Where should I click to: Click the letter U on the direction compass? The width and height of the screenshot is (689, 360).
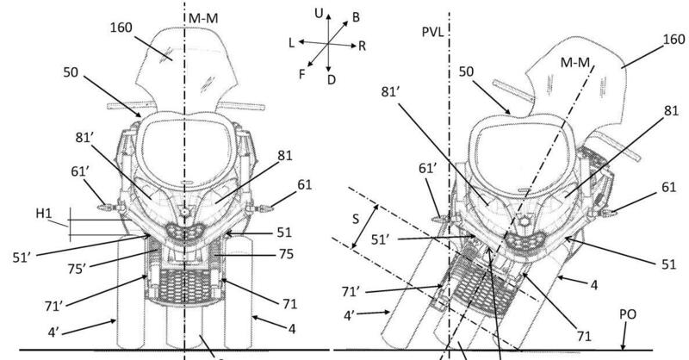pos(320,13)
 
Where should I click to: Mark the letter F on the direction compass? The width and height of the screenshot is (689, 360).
pos(301,75)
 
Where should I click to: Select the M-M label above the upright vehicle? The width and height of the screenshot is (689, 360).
pos(212,15)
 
